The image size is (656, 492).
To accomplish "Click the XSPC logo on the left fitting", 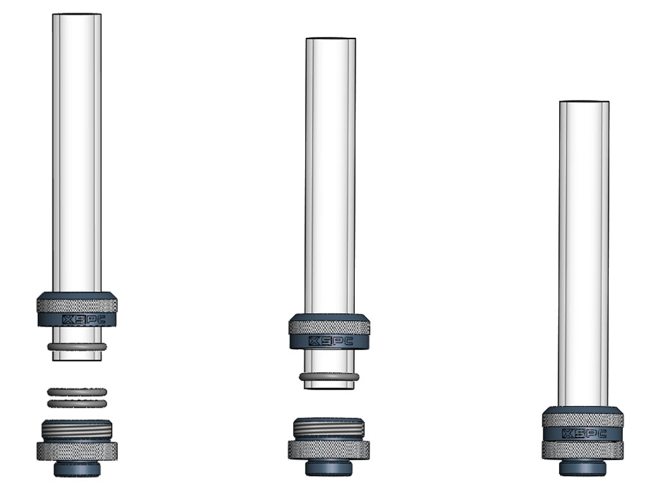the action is click(84, 320).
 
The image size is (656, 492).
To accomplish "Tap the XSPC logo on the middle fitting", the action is click(331, 341).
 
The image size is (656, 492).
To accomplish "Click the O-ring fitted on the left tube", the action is click(77, 347).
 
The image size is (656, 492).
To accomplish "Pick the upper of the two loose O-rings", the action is click(77, 392).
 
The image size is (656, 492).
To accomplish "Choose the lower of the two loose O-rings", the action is click(77, 404).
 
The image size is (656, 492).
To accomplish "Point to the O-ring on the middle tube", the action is click(329, 377).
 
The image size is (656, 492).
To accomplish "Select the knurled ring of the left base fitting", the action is click(77, 452).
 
